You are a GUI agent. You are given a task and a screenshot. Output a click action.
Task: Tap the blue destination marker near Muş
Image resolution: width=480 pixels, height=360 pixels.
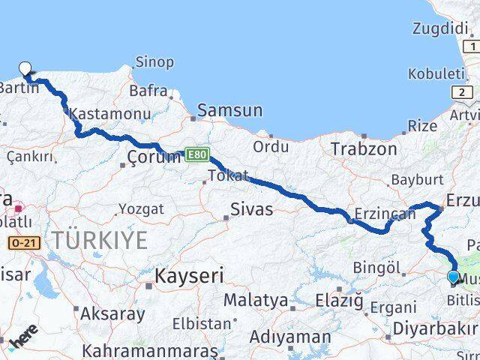click(x=453, y=277)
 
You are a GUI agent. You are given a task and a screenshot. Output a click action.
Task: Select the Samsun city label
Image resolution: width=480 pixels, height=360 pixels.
click(x=229, y=111)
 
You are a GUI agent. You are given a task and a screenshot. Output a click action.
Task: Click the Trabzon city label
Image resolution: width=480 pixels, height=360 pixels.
click(x=364, y=148)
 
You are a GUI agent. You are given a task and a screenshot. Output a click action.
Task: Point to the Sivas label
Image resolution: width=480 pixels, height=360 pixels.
click(x=251, y=209)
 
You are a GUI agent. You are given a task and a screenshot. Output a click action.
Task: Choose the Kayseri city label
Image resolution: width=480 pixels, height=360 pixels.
click(x=189, y=275)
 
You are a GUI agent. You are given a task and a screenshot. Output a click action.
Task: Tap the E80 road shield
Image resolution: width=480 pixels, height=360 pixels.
click(x=196, y=154)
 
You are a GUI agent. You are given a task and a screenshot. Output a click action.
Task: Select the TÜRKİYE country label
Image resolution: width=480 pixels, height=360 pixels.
click(x=99, y=240)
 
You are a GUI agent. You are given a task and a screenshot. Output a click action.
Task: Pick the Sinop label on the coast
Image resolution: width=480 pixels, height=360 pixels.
click(x=154, y=62)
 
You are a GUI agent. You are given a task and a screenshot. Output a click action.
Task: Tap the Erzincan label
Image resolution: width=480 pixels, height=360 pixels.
click(x=385, y=214)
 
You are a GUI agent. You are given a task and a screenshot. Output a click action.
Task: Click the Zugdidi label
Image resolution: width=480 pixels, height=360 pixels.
click(x=440, y=28)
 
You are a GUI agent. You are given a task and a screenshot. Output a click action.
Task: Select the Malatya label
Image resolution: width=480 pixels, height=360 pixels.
click(x=256, y=300)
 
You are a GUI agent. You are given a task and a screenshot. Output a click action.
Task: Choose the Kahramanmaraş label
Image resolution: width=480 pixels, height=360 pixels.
click(x=150, y=350)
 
